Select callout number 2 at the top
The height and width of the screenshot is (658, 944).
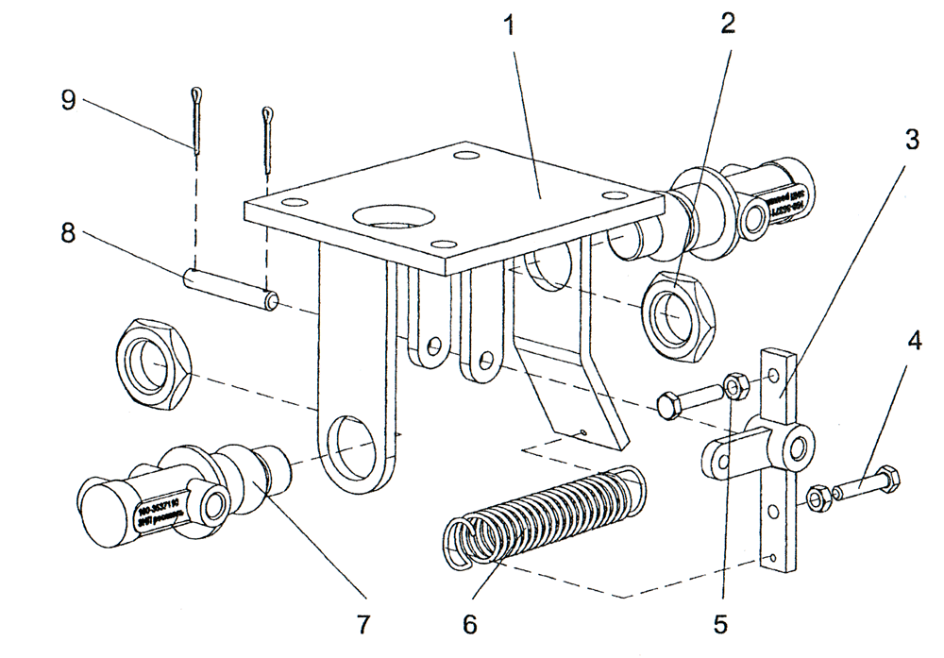(727, 25)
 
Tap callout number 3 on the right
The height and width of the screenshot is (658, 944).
(910, 139)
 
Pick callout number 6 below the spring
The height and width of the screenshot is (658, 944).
(470, 623)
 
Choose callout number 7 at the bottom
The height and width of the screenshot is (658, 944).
(362, 623)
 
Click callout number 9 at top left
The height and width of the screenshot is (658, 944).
(68, 101)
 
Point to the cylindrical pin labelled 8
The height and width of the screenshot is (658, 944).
(231, 289)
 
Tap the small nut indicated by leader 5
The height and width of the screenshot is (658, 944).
(734, 385)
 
